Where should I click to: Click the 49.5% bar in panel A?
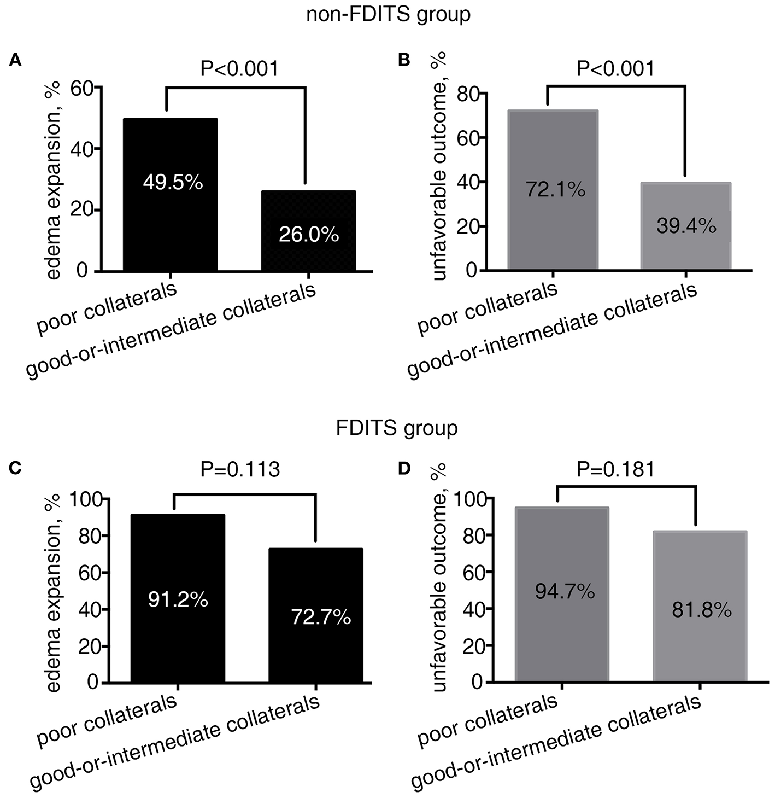[x=171, y=194]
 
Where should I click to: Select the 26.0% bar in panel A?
[x=309, y=230]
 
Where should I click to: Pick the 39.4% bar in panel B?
[x=686, y=226]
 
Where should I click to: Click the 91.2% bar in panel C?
[x=178, y=598]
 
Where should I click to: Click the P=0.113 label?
[x=240, y=469]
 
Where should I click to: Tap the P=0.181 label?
[x=615, y=469]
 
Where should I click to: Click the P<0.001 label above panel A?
[x=239, y=69]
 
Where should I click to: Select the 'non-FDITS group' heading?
[x=388, y=14]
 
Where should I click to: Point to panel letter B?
[x=404, y=60]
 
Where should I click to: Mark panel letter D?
[x=404, y=469]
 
